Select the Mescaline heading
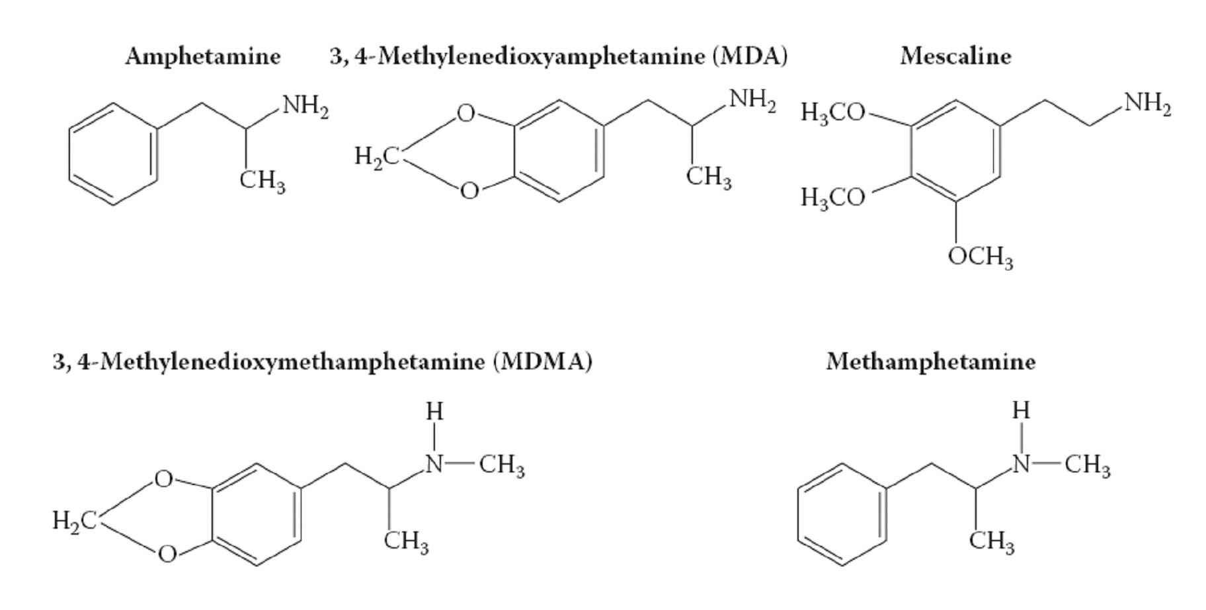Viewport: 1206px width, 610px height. pyautogui.click(x=955, y=56)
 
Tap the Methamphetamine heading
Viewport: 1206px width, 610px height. pyautogui.click(x=931, y=362)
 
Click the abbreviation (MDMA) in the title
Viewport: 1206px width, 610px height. pyautogui.click(x=542, y=362)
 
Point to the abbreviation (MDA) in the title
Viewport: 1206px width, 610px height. pyautogui.click(x=750, y=56)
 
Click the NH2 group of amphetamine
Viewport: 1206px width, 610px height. pyautogui.click(x=305, y=106)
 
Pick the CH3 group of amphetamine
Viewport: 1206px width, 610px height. pyautogui.click(x=263, y=180)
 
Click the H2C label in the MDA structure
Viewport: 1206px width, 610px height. pyautogui.click(x=376, y=157)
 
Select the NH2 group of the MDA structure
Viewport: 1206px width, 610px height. pyautogui.click(x=753, y=100)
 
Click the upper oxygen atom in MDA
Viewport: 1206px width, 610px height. pyautogui.click(x=466, y=114)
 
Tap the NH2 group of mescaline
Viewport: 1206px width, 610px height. pyautogui.click(x=1148, y=104)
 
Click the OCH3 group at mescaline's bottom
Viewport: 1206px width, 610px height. pyautogui.click(x=981, y=256)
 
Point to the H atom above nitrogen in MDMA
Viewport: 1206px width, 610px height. pyautogui.click(x=434, y=412)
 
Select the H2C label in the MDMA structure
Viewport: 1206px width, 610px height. pyautogui.click(x=75, y=521)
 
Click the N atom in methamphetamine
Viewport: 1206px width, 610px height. pyautogui.click(x=1022, y=465)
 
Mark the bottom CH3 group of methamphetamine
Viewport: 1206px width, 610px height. pyautogui.click(x=992, y=542)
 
